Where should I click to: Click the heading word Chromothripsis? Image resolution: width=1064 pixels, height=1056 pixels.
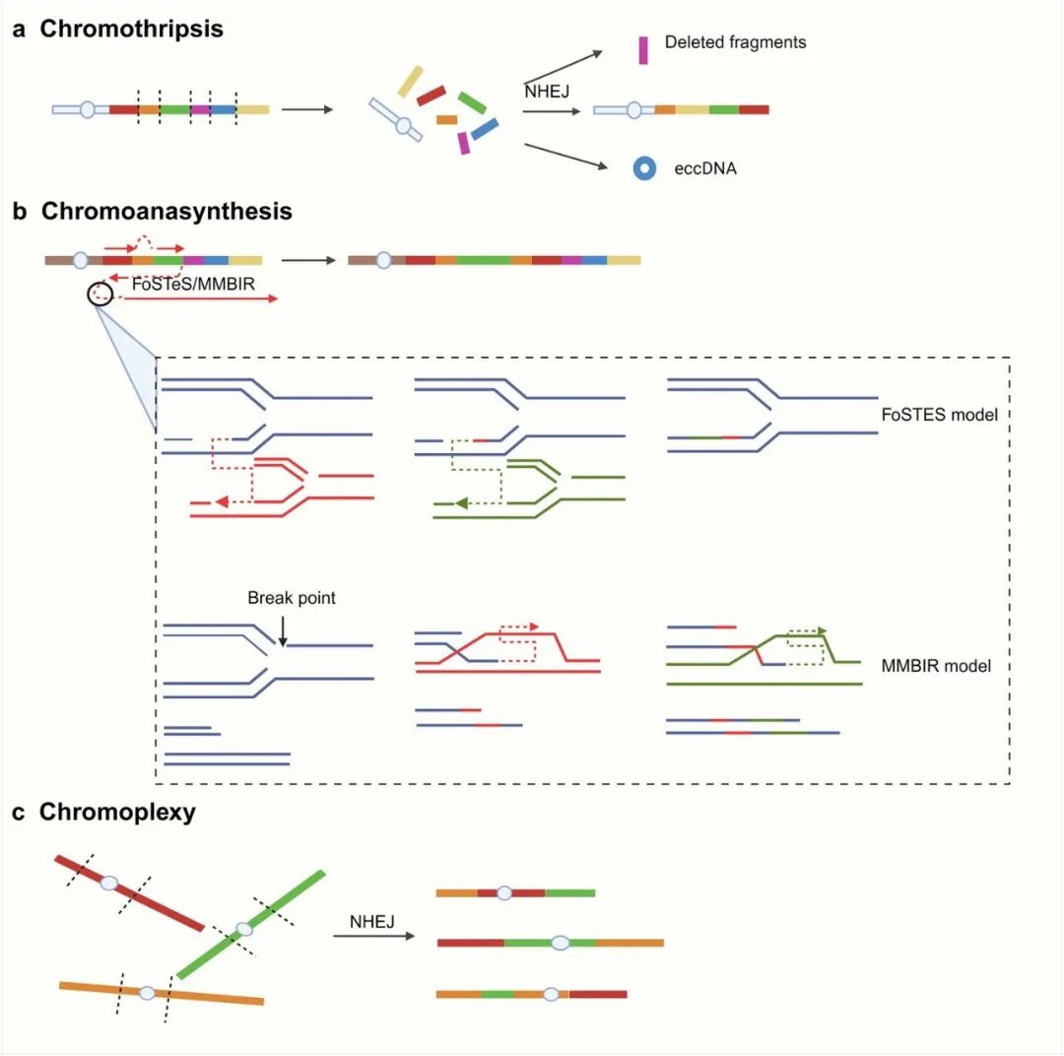point(131,29)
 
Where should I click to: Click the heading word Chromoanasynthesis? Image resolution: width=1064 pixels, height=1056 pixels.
point(166,211)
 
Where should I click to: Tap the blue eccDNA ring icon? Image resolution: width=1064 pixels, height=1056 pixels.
point(644,168)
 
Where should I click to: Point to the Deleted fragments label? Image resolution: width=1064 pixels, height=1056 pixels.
point(735,42)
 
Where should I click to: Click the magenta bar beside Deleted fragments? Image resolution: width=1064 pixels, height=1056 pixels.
point(643,50)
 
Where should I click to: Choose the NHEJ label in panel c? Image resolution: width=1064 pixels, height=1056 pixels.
point(372,922)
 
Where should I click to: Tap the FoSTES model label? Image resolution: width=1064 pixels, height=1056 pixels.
point(939,415)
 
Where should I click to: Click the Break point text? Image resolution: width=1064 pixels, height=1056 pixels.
point(292,598)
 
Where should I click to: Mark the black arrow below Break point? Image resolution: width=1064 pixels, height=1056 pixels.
point(283,629)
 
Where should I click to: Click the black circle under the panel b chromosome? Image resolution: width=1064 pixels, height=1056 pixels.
point(99,293)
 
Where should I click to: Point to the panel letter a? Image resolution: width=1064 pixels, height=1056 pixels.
point(19,29)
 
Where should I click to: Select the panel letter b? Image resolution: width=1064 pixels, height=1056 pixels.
point(19,211)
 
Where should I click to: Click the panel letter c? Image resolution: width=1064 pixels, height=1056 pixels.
point(19,813)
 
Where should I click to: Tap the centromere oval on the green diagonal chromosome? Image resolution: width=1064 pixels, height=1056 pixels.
point(244,929)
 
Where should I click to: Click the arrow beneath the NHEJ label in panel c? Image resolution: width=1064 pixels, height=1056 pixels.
point(373,936)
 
